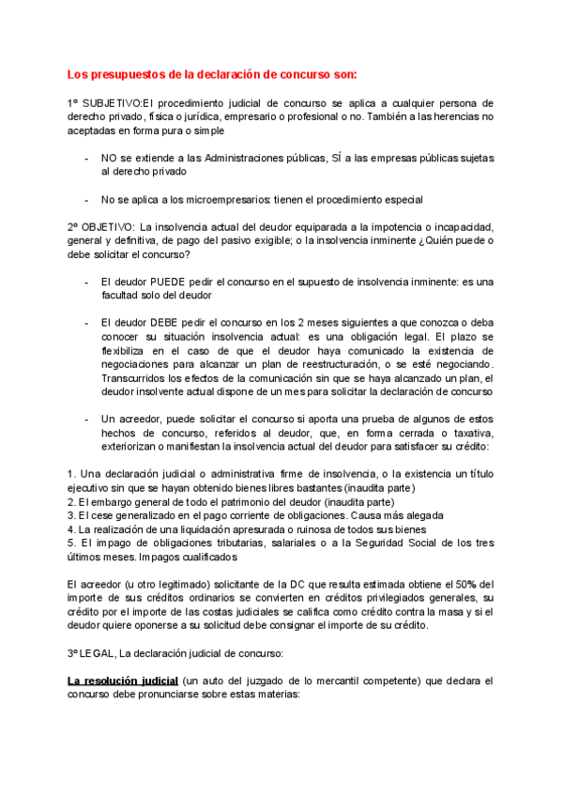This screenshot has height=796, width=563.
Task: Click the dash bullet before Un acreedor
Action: coord(86,419)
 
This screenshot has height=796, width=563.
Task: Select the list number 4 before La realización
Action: coord(71,528)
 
